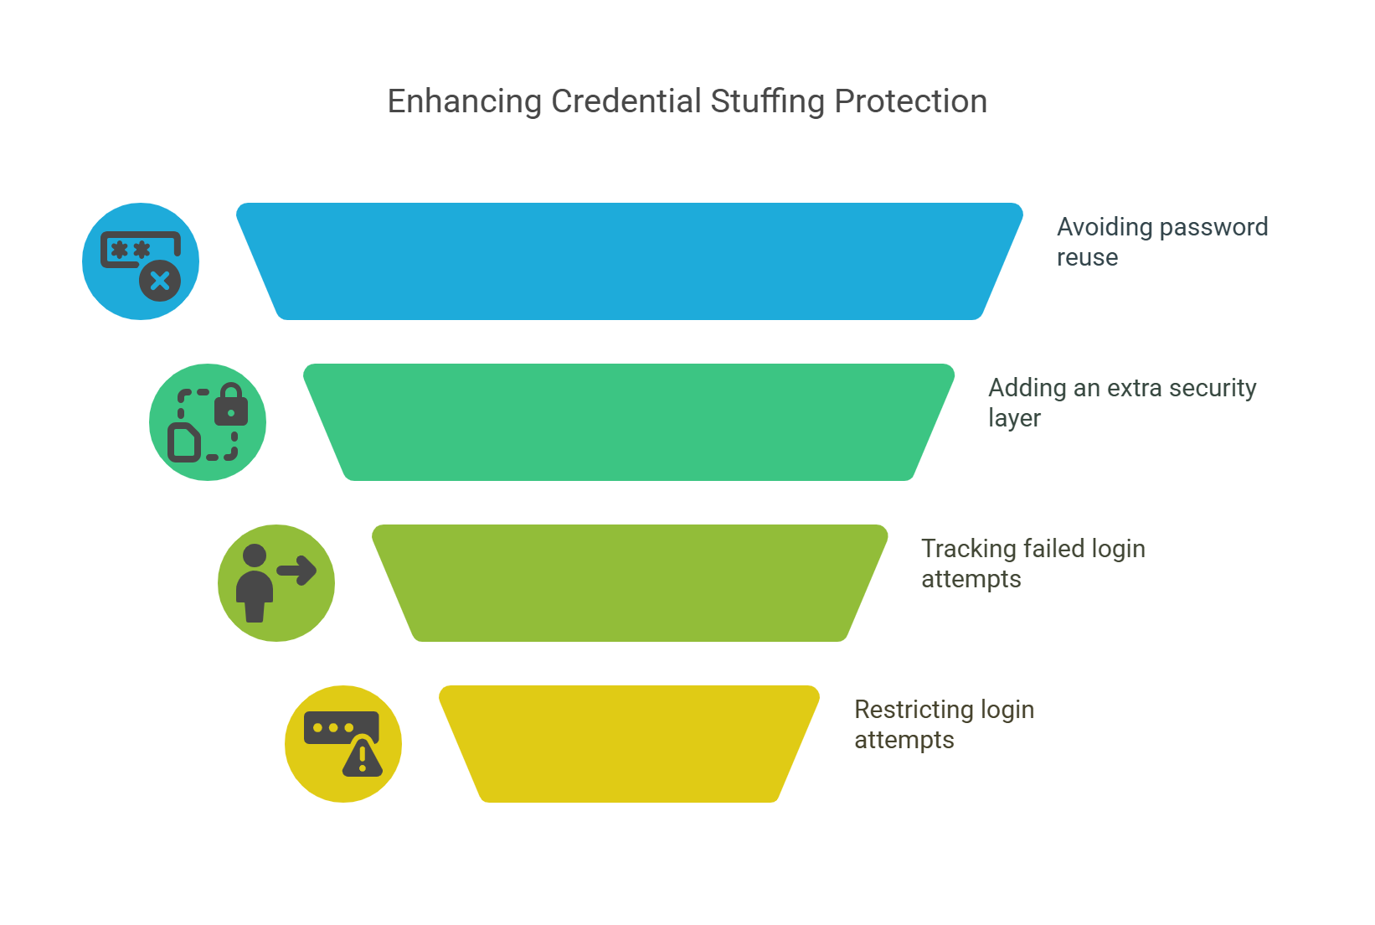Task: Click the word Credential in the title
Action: click(x=626, y=101)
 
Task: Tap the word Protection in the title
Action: click(x=911, y=101)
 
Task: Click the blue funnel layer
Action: click(x=630, y=261)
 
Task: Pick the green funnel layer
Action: click(x=630, y=422)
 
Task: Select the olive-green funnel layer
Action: click(x=630, y=583)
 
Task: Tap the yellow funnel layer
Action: click(x=630, y=744)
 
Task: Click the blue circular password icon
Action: click(x=141, y=261)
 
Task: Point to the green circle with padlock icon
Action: click(x=208, y=422)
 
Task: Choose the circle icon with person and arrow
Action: click(x=276, y=583)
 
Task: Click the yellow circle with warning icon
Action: click(x=343, y=744)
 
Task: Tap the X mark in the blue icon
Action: click(x=160, y=281)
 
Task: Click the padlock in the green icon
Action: click(x=231, y=405)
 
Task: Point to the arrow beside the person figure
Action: click(x=297, y=571)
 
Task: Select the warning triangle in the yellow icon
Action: click(x=363, y=757)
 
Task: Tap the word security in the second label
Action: click(x=1213, y=388)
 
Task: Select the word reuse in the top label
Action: click(x=1087, y=257)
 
